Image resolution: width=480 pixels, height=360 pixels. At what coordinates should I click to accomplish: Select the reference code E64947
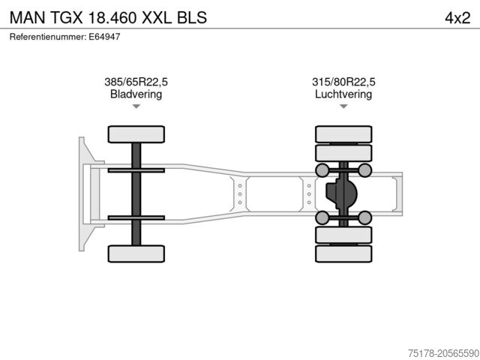point(104,36)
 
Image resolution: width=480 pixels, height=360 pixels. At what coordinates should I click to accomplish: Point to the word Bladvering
point(136,94)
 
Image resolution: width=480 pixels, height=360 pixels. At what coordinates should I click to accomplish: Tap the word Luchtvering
point(343,94)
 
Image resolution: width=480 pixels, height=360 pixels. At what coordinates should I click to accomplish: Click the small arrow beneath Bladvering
point(136,106)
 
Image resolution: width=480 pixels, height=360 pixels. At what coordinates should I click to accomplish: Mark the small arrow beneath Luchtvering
point(343,106)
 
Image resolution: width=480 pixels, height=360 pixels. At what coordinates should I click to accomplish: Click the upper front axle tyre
point(136,134)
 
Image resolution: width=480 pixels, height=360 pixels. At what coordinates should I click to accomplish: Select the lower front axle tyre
point(136,253)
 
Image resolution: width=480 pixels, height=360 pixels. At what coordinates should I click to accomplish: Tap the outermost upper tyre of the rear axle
point(343,134)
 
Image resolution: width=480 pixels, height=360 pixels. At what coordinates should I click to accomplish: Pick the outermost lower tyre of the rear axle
point(343,254)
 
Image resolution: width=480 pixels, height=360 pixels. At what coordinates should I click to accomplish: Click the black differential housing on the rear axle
point(341,194)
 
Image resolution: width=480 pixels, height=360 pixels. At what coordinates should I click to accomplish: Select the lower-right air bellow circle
point(365,218)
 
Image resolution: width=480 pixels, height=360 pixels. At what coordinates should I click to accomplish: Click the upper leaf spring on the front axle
point(136,171)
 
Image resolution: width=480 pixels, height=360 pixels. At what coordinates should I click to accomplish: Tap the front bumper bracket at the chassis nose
point(85,193)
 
